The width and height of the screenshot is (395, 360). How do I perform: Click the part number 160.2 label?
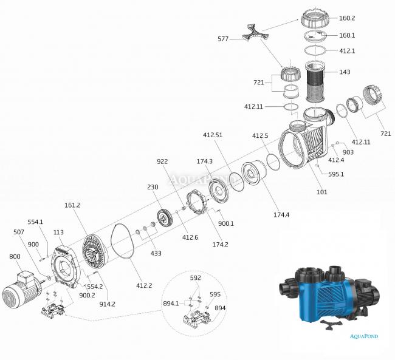365,18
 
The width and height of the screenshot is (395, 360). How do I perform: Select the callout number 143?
345,72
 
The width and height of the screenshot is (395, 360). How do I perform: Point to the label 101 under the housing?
321,192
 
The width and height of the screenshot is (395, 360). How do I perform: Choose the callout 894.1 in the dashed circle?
171,302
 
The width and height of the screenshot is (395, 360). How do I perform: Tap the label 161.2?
72,205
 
